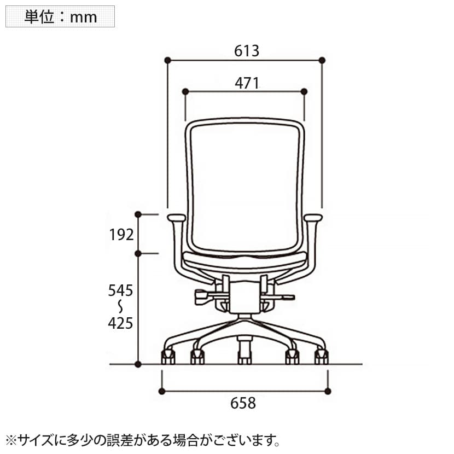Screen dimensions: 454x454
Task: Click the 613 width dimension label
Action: point(247,51)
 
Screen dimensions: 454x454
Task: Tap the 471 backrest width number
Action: point(247,83)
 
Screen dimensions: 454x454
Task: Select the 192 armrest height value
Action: point(121,235)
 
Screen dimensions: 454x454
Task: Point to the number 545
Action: point(120,290)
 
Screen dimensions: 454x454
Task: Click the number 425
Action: point(120,323)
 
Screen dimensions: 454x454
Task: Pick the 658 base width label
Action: point(243,403)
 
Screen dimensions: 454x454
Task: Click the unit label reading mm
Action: point(83,18)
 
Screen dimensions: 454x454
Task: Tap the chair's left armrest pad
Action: point(176,218)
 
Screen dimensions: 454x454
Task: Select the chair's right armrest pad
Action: point(313,218)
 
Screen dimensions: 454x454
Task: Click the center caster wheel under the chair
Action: point(245,358)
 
